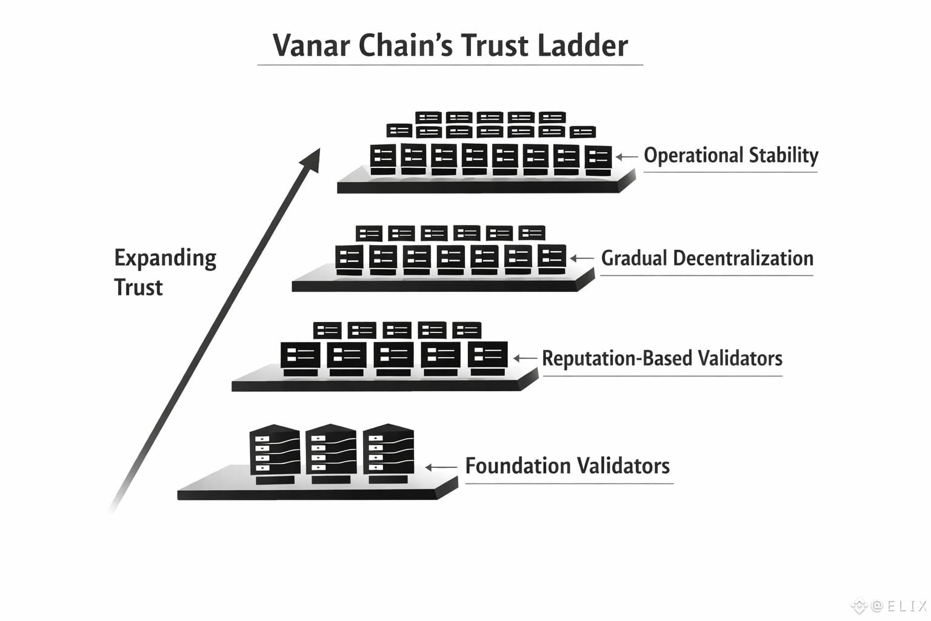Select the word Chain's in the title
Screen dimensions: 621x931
tap(405, 45)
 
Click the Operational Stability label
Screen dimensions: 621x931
tap(730, 156)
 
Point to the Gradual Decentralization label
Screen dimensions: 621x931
tap(707, 258)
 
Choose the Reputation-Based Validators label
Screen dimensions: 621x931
tap(662, 358)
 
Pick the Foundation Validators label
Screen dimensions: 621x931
tap(567, 466)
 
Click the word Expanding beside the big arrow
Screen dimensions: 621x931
tap(165, 258)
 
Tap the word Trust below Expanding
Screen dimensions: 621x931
tap(138, 287)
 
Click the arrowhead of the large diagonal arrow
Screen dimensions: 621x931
tap(310, 159)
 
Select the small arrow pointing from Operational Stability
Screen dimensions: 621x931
tap(627, 156)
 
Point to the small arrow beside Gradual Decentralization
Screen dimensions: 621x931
tap(582, 259)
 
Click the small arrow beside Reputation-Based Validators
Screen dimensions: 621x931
tap(525, 358)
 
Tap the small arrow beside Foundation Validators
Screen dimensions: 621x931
tap(441, 467)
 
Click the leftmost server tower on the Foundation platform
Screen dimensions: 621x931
tap(275, 452)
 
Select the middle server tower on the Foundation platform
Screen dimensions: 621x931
tap(331, 452)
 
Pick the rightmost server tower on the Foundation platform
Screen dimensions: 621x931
tap(388, 452)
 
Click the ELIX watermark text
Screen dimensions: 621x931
tap(898, 605)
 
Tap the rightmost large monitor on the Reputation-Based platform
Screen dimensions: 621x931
tap(487, 355)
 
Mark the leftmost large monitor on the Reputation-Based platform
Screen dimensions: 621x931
tap(300, 355)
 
